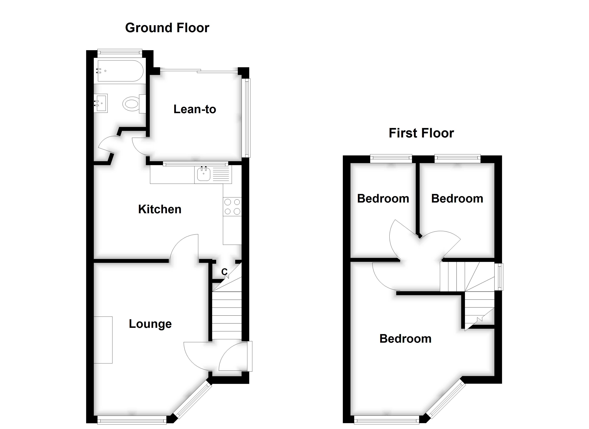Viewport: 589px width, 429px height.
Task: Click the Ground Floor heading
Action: coord(167,28)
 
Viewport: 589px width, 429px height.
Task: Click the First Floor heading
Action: coord(421,133)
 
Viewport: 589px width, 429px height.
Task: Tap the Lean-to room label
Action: coord(195,109)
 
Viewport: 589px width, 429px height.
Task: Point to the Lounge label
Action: coord(150,324)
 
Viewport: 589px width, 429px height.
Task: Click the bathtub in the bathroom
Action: coord(120,71)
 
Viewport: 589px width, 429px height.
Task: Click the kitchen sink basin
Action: coord(204,174)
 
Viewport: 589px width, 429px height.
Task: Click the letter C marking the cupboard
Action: coord(224,272)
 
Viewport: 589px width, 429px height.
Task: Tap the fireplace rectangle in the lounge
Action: coord(103,340)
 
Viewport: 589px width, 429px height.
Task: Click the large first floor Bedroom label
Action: coord(405,339)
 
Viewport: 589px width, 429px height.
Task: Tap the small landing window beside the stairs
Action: coord(499,277)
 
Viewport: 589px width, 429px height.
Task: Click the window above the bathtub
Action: coord(120,52)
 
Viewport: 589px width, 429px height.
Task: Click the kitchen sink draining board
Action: coord(221,174)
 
